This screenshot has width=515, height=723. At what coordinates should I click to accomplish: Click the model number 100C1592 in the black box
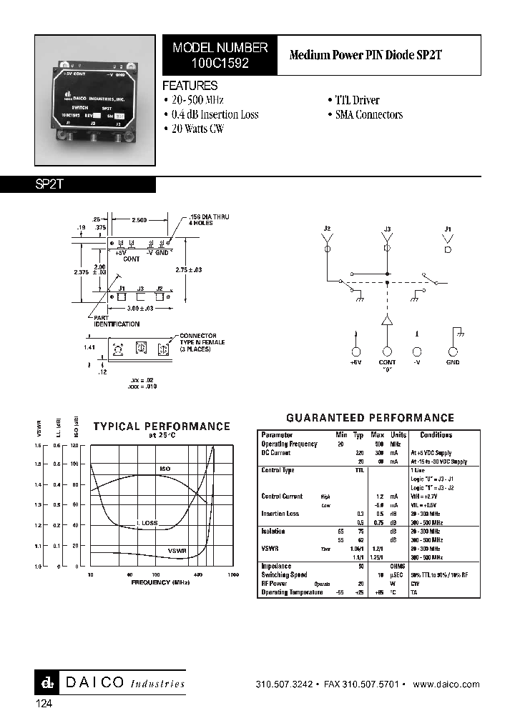(x=220, y=63)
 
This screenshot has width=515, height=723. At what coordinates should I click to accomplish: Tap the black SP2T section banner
(x=78, y=184)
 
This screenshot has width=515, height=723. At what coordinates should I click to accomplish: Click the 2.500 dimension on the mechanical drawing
(x=139, y=220)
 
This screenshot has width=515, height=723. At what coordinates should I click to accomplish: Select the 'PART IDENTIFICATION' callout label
(x=116, y=321)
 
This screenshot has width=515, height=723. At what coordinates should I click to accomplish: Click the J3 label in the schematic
(x=387, y=229)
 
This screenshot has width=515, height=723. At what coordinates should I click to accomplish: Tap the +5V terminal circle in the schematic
(x=356, y=351)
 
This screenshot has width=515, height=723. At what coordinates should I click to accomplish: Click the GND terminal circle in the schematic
(x=453, y=351)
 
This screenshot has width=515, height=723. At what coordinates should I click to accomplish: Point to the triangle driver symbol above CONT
(x=387, y=321)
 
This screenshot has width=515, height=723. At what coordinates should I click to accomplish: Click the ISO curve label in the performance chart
(x=165, y=469)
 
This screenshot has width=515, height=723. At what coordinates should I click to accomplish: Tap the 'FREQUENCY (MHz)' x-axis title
(x=160, y=582)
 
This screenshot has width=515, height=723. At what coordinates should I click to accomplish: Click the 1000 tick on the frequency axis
(x=233, y=574)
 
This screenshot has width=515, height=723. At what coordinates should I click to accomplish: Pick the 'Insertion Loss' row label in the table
(x=280, y=514)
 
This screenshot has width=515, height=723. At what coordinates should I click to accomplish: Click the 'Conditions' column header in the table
(x=436, y=434)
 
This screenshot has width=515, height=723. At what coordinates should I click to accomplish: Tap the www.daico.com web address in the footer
(x=446, y=684)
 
